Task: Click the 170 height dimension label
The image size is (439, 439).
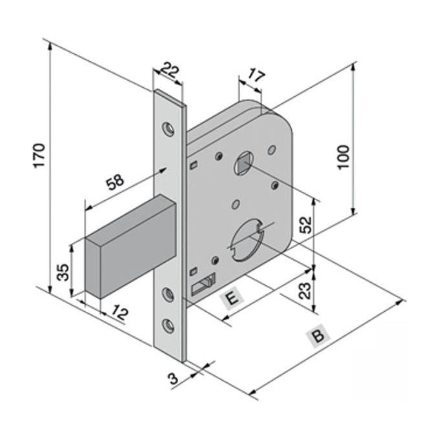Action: pyautogui.click(x=39, y=156)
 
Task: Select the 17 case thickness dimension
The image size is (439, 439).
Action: pyautogui.click(x=256, y=76)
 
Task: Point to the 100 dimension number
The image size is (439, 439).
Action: pyautogui.click(x=343, y=157)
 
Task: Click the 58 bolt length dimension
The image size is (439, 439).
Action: pyautogui.click(x=115, y=181)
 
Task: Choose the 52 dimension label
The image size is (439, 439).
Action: pyautogui.click(x=305, y=225)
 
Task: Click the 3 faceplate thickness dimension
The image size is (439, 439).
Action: pyautogui.click(x=174, y=378)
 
